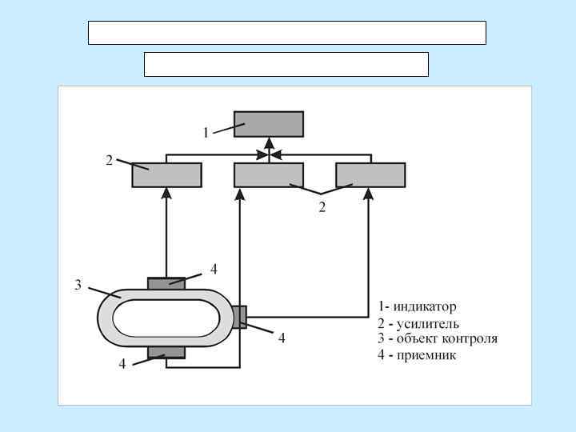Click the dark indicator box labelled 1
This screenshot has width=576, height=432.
[x=269, y=124]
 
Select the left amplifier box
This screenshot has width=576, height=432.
[x=166, y=174]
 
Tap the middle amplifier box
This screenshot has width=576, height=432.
[x=269, y=174]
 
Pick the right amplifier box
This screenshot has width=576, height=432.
[x=370, y=174]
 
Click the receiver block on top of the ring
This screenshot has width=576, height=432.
[x=166, y=283]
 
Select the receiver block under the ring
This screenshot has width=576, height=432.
[x=166, y=353]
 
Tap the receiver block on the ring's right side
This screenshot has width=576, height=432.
[x=239, y=317]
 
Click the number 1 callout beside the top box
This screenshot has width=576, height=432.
[x=206, y=133]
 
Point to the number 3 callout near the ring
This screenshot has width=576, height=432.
[x=78, y=285]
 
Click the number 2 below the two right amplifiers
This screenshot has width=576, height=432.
[x=322, y=208]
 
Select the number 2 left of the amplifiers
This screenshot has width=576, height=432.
[x=110, y=160]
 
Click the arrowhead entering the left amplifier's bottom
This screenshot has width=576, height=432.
[x=166, y=193]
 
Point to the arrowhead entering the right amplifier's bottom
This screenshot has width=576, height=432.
[x=369, y=193]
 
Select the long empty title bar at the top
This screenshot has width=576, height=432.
[x=286, y=33]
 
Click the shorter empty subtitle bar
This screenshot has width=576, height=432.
[x=286, y=64]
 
